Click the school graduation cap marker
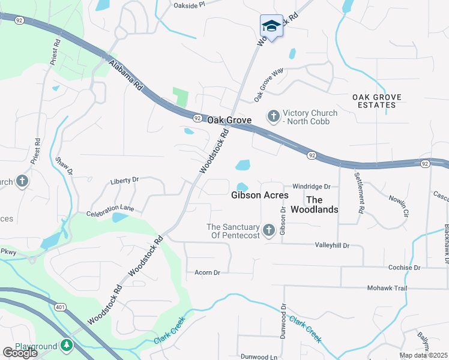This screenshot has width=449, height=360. (271, 26)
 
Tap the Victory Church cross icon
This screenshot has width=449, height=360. (274, 115)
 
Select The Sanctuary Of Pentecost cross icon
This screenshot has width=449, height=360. (268, 230)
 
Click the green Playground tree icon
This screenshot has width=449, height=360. (67, 346)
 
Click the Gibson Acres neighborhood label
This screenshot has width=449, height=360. (260, 195)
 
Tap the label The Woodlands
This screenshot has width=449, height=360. (315, 205)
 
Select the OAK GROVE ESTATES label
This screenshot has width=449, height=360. (382, 101)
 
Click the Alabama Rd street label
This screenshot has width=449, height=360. (125, 74)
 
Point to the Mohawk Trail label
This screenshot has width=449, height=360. (387, 288)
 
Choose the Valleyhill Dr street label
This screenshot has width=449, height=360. (332, 245)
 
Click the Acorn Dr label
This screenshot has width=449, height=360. (207, 272)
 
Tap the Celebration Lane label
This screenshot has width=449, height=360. (113, 212)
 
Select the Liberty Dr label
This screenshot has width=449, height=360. (124, 179)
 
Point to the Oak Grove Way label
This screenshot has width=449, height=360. (268, 84)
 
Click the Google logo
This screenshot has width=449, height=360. (20, 353)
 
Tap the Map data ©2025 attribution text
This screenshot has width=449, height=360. (423, 355)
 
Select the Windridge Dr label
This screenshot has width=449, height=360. (312, 187)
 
